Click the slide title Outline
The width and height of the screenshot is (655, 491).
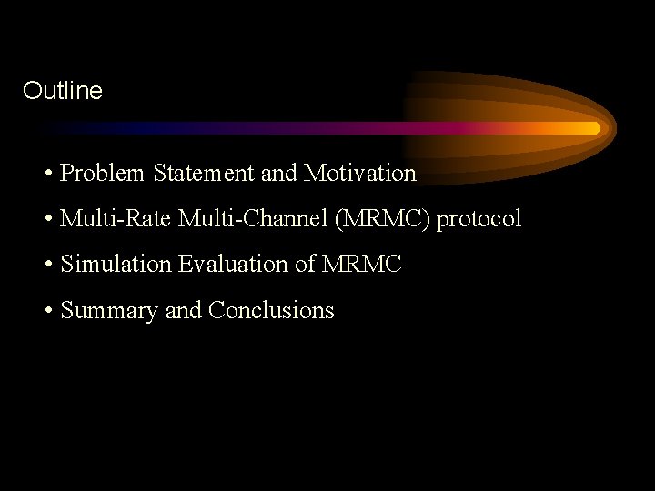(x=63, y=91)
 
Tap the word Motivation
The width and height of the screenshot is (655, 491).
(x=360, y=173)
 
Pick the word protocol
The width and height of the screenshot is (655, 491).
(x=479, y=219)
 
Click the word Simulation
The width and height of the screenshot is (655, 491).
(x=116, y=265)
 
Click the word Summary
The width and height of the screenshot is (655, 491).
(x=109, y=311)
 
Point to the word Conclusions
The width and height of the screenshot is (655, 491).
(x=271, y=311)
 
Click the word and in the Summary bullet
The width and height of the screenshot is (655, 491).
(x=183, y=311)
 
